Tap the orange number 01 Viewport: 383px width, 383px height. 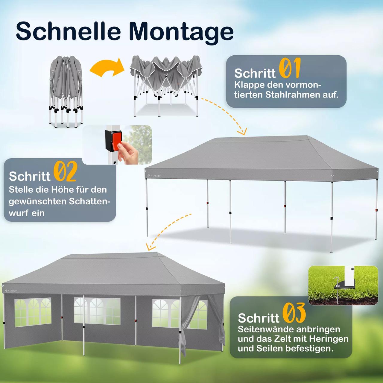tap(290, 68)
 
